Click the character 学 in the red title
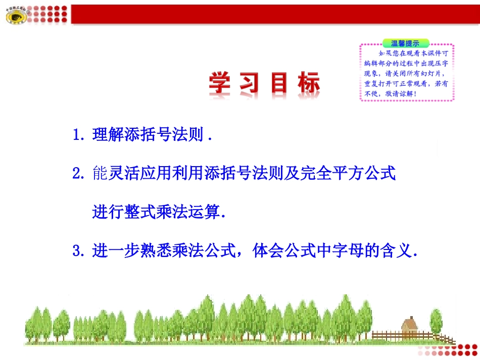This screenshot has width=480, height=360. (x=223, y=84)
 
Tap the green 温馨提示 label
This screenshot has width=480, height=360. (x=406, y=43)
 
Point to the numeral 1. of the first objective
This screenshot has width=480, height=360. (x=79, y=135)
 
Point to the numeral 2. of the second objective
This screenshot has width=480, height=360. (x=79, y=174)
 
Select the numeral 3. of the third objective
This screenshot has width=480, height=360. (x=79, y=250)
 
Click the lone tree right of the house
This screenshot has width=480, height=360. (x=436, y=321)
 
